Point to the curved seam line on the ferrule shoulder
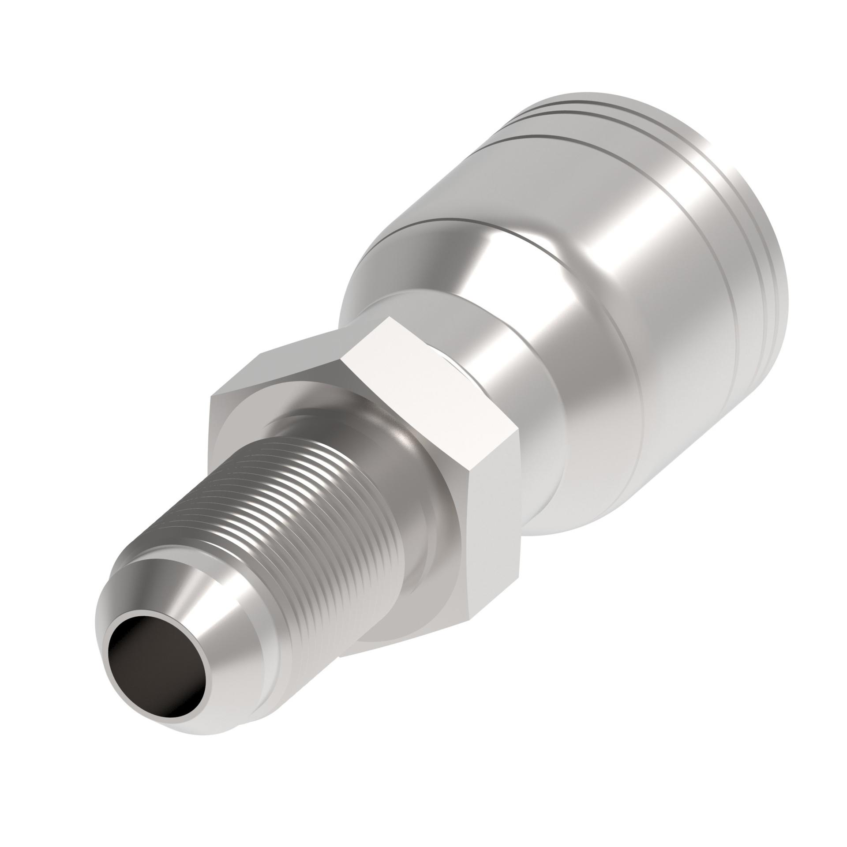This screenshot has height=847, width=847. (x=441, y=221)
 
